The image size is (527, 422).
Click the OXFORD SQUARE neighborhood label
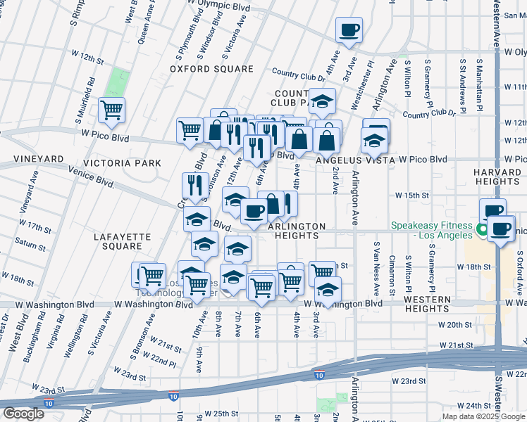(x=211, y=69)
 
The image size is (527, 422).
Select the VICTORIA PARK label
(x=123, y=163)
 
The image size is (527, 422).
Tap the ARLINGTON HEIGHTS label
(x=296, y=231)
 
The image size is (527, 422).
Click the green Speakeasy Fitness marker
(x=483, y=230)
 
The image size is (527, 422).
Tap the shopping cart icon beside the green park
(x=111, y=110)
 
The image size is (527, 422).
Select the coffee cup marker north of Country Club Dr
(x=349, y=30)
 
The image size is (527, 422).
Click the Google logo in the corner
(x=23, y=414)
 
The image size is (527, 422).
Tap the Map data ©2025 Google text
(x=483, y=416)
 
